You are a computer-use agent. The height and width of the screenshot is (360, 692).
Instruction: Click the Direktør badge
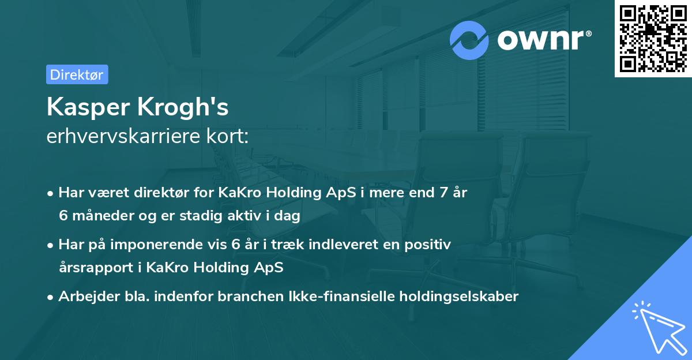click(x=77, y=74)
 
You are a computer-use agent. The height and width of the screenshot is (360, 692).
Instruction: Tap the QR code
click(x=653, y=38)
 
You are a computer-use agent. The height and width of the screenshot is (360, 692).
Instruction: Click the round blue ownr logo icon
click(x=469, y=40)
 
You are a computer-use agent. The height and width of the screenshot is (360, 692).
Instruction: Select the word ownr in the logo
click(x=541, y=40)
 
